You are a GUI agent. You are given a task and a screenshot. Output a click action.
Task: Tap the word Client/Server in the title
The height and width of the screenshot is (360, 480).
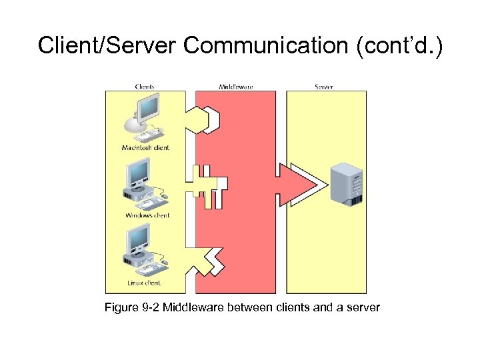pyautogui.click(x=107, y=45)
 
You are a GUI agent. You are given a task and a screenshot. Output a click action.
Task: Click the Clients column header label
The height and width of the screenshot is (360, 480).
pyautogui.click(x=145, y=87)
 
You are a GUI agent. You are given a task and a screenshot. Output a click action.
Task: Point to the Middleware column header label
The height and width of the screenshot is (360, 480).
pyautogui.click(x=236, y=87)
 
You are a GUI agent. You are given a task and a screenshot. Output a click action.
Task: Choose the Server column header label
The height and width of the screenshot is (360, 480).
pyautogui.click(x=323, y=87)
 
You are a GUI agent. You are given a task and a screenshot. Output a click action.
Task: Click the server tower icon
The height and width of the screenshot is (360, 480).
pyautogui.click(x=347, y=183)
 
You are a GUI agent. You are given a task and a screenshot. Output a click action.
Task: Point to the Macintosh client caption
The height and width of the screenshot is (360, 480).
pyautogui.click(x=145, y=147)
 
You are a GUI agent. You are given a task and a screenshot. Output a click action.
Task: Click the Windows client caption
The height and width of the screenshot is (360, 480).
pyautogui.click(x=147, y=215)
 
